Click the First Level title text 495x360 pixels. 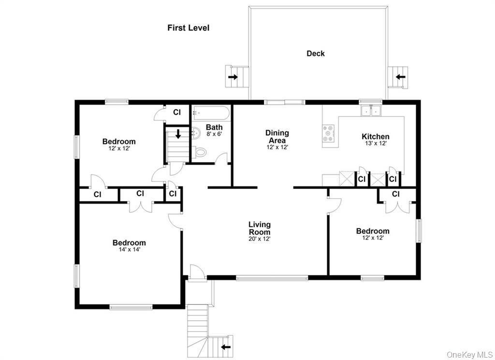(188, 28)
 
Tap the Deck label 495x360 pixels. (316, 54)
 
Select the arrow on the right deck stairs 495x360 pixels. (400, 76)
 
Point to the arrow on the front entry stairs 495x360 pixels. (225, 346)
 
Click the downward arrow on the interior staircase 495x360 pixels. (178, 134)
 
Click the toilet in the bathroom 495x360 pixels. (201, 152)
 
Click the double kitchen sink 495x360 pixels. (371, 111)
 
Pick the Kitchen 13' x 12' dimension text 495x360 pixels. (375, 144)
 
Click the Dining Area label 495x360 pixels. (277, 136)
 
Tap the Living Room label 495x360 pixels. (260, 228)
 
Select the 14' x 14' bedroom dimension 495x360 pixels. (129, 250)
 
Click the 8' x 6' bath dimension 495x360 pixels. (214, 134)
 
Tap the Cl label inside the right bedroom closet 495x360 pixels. (395, 194)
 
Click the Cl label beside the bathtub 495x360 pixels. (177, 112)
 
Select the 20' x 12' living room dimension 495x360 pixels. (260, 239)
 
